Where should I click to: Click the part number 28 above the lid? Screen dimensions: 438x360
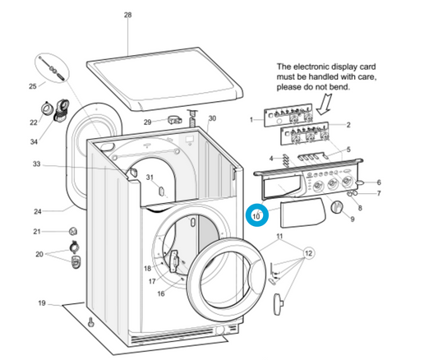coord(127,15)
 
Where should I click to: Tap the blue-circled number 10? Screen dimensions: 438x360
coord(256,216)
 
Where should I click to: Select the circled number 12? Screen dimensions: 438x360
coord(308,253)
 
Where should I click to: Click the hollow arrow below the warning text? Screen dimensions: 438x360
coord(325,104)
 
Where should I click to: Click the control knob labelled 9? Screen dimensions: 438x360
coord(337,207)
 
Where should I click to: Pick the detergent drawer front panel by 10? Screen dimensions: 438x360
coord(302,213)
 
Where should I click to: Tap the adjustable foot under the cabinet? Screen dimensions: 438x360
coord(91,322)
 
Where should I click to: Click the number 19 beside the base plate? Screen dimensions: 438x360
coord(42,302)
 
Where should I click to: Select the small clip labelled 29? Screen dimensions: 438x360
coord(175,120)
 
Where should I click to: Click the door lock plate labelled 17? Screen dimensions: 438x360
coord(174,261)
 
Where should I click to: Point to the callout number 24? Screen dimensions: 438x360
coord(38,211)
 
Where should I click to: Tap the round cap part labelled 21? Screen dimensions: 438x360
coord(73,231)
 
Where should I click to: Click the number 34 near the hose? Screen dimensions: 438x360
coord(34,141)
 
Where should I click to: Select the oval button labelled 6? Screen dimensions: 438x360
coord(360,182)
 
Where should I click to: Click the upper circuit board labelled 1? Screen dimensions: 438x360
coord(288,115)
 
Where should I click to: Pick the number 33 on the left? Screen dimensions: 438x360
coord(37,164)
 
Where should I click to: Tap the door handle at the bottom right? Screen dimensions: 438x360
coord(278,304)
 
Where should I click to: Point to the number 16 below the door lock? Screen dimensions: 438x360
coord(161,293)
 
